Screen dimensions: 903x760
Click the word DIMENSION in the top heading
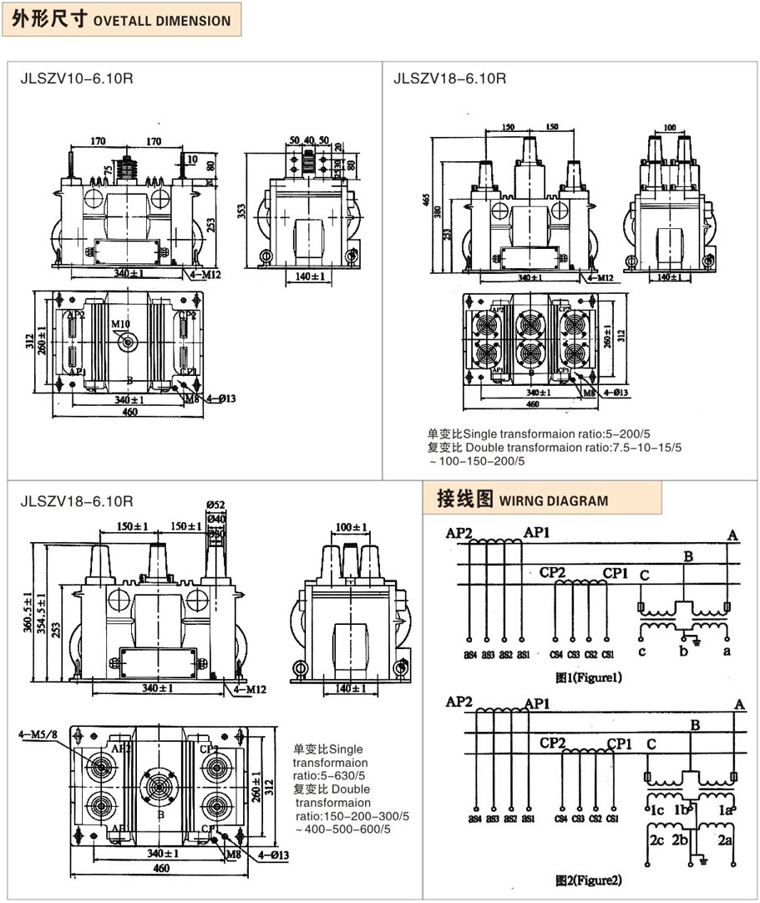[x=191, y=21]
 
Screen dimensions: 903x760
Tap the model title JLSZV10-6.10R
[x=76, y=79]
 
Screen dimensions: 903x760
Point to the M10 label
[x=120, y=324]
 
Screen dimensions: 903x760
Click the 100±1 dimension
[x=353, y=527]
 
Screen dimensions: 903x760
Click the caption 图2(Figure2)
[x=589, y=880]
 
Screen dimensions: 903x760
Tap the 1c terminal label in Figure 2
[x=658, y=811]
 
